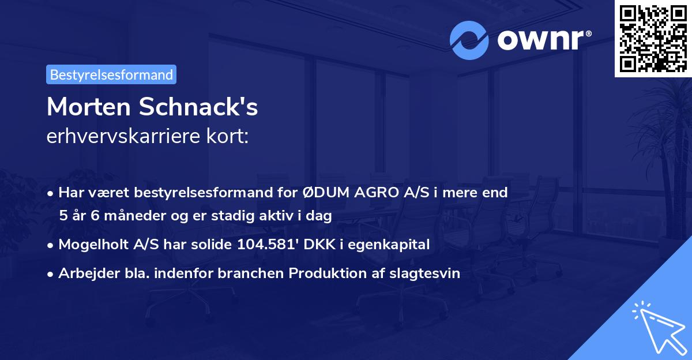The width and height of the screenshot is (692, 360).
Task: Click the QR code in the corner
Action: pos(652,38)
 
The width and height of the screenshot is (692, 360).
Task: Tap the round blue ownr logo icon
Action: pos(470,40)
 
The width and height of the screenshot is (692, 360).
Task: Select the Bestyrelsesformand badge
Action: pos(111,74)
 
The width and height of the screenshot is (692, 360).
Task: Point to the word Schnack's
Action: pos(198,107)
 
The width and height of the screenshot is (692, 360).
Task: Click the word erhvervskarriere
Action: pos(122,137)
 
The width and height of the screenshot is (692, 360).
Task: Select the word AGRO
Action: pos(374,193)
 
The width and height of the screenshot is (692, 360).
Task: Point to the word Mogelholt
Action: pos(93,245)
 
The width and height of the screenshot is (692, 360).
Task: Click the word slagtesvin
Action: pos(426,273)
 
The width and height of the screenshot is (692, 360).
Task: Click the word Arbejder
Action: pos(84,273)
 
